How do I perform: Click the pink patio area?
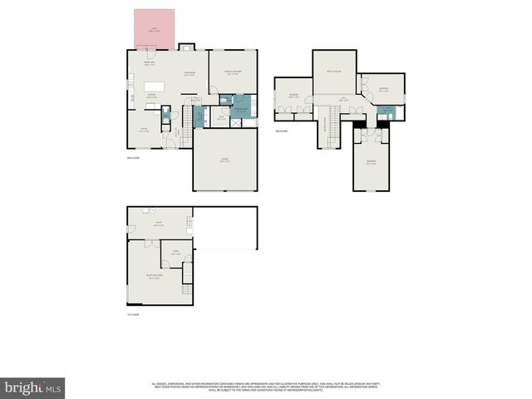pyautogui.click(x=155, y=30)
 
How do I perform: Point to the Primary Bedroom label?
pyautogui.click(x=232, y=72)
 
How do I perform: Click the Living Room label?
pyautogui.click(x=190, y=74)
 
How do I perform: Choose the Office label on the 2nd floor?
pyautogui.click(x=143, y=130)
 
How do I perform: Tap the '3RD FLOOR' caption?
pyautogui.click(x=282, y=131)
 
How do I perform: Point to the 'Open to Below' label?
pyautogui.click(x=334, y=71)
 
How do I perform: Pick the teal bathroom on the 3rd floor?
pyautogui.click(x=385, y=110)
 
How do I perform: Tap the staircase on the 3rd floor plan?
pyautogui.click(x=330, y=128)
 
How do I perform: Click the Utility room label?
pyautogui.click(x=159, y=224)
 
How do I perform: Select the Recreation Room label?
pyautogui.click(x=153, y=278)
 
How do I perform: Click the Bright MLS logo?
pyautogui.click(x=33, y=387)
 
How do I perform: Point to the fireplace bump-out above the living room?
pyautogui.click(x=189, y=47)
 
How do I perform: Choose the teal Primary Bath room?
pyautogui.click(x=240, y=111)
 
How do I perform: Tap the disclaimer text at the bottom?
pyautogui.click(x=265, y=387)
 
